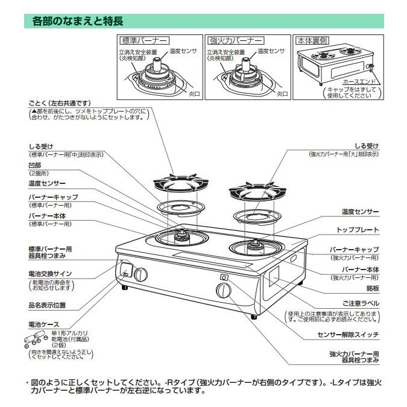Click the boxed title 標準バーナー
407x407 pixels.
coord(143,41)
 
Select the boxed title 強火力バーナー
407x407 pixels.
coord(236,41)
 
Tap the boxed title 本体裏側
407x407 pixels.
coord(312,41)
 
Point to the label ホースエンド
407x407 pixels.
coord(359,81)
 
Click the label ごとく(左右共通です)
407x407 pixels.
coord(59,103)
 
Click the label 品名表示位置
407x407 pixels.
coord(47,305)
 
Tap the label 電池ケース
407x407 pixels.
coord(43,324)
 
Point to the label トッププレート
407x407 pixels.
coord(358,230)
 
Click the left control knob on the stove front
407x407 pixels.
coord(140,274)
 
